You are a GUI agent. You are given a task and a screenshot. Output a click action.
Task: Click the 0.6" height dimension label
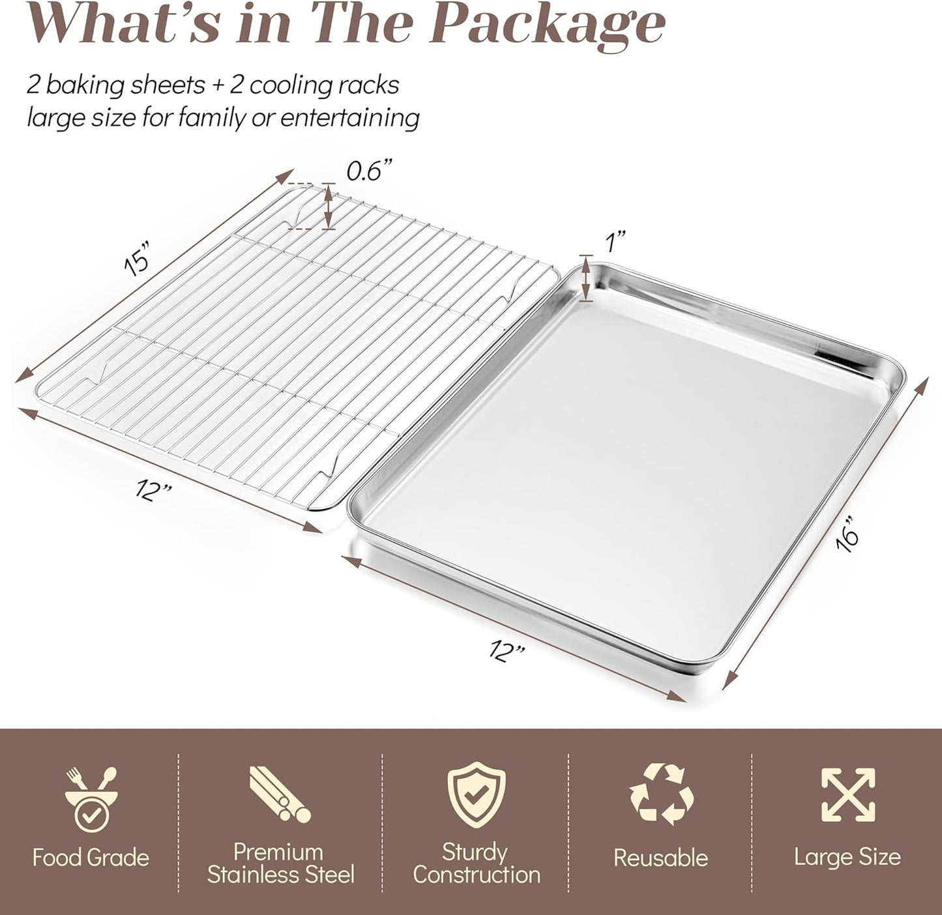click(x=370, y=172)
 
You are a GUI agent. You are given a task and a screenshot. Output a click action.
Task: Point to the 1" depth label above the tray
click(x=616, y=244)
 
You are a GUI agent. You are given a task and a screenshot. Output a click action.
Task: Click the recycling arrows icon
click(x=661, y=794)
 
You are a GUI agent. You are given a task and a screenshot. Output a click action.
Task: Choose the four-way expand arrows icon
click(x=847, y=794)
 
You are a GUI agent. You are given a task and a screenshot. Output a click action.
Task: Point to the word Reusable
click(x=660, y=858)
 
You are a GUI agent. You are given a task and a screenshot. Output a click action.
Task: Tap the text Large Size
click(x=847, y=857)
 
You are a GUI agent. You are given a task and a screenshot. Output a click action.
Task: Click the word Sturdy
click(x=475, y=852)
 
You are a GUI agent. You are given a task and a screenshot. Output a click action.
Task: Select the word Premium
click(x=278, y=852)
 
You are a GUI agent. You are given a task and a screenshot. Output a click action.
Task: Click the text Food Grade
click(x=91, y=858)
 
